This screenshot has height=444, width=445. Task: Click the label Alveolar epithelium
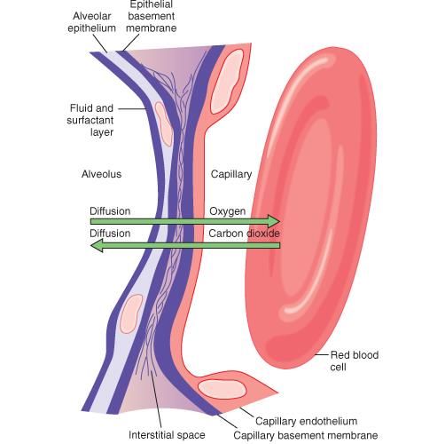[91, 22]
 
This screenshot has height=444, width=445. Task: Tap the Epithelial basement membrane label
[152, 17]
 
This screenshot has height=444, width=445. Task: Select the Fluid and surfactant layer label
[90, 120]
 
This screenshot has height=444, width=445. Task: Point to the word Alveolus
[101, 174]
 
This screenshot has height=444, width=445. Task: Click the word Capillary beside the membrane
[231, 175]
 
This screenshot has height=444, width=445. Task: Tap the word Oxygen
[227, 211]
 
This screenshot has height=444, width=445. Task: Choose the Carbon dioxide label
[244, 234]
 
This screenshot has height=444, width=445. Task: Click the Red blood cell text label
[355, 361]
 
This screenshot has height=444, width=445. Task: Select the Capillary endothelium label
[307, 421]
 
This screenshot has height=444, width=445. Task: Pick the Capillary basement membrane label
[306, 435]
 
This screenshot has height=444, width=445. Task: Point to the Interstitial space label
[167, 435]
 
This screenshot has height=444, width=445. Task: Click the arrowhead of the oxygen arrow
[274, 221]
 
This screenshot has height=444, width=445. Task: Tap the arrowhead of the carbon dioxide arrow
[97, 245]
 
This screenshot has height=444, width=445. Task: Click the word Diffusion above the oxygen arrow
[110, 211]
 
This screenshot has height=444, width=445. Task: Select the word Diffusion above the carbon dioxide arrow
[110, 234]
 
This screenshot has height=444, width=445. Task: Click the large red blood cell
[311, 207]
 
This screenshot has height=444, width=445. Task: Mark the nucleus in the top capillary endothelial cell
[227, 82]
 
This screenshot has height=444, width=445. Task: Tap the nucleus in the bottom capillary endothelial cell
[222, 389]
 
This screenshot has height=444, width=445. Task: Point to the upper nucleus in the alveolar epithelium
[163, 123]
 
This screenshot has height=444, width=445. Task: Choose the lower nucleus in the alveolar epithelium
[131, 313]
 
